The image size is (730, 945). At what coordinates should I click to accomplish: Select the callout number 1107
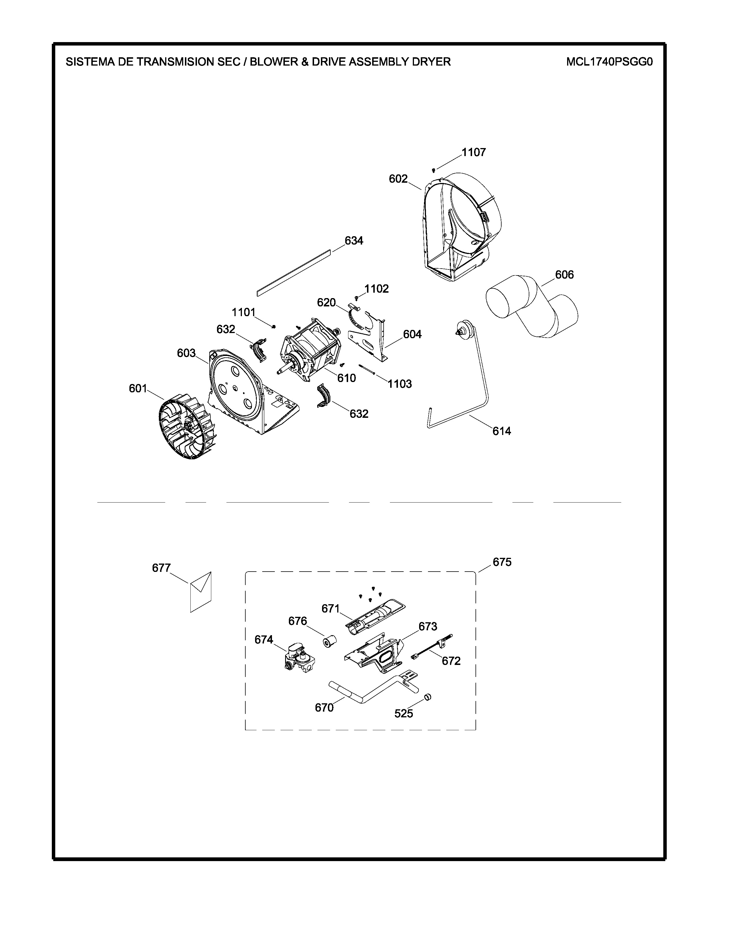[473, 152]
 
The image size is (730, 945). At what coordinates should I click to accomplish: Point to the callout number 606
[564, 274]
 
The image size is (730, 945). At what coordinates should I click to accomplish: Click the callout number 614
[502, 431]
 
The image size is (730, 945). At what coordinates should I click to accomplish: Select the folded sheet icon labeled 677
[201, 592]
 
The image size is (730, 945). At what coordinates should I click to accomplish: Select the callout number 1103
[400, 384]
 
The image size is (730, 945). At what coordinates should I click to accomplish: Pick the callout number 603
[186, 353]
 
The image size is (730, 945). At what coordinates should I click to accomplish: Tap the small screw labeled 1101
[273, 326]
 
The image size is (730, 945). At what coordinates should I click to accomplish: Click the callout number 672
[451, 661]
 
